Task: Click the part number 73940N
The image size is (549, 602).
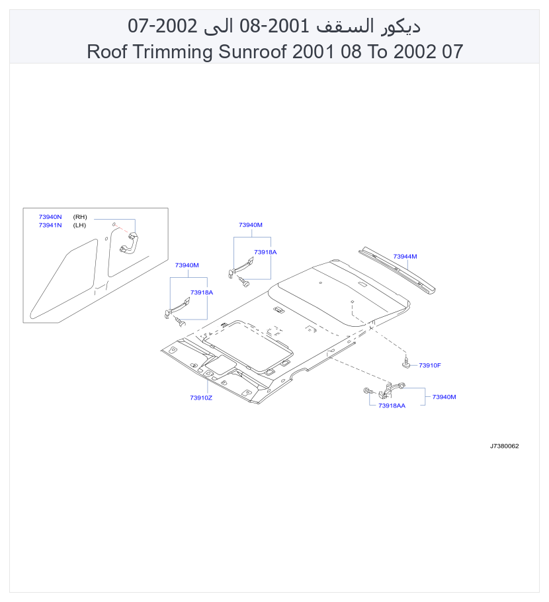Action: click(50, 217)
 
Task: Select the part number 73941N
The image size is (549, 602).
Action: click(50, 225)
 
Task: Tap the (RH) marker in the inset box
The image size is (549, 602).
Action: click(80, 217)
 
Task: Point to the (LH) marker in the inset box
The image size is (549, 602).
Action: click(79, 225)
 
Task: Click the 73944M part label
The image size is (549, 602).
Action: click(405, 257)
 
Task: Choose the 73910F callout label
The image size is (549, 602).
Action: click(429, 365)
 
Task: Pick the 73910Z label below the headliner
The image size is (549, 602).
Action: click(201, 398)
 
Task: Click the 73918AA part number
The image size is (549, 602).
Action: click(392, 406)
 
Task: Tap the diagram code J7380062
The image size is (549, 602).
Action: click(504, 446)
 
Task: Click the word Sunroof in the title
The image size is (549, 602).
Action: click(252, 52)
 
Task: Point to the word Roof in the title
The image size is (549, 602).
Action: click(107, 52)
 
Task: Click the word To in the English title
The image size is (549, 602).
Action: click(378, 52)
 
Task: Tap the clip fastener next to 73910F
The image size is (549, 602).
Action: click(406, 362)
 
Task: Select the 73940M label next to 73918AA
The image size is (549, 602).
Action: click(444, 397)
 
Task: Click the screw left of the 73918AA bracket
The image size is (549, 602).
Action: click(368, 391)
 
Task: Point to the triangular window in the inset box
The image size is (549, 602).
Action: click(63, 279)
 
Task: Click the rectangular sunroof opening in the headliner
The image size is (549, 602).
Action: click(247, 345)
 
